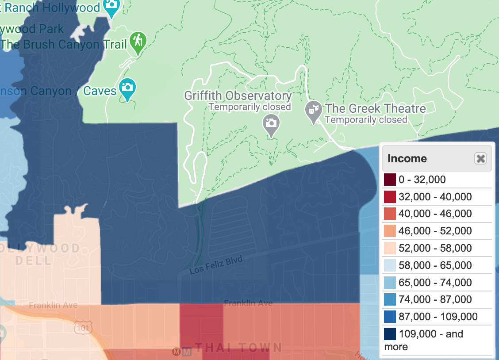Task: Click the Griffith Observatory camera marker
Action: pyautogui.click(x=270, y=123)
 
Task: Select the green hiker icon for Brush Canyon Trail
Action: pyautogui.click(x=138, y=41)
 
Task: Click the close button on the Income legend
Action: pyautogui.click(x=480, y=158)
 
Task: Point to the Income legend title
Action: pyautogui.click(x=407, y=158)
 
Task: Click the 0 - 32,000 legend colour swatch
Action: pyautogui.click(x=390, y=180)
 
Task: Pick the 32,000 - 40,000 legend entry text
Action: pyautogui.click(x=435, y=197)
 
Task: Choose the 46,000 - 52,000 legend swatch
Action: pyautogui.click(x=390, y=231)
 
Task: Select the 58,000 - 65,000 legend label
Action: pyautogui.click(x=435, y=265)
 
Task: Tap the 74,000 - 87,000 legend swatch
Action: pyautogui.click(x=390, y=300)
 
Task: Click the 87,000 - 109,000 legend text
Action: pyautogui.click(x=438, y=317)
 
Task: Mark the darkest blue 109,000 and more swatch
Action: pyautogui.click(x=390, y=334)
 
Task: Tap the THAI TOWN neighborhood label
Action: pyautogui.click(x=238, y=348)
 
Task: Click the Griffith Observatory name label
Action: pyautogui.click(x=238, y=96)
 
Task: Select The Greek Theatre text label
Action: pyautogui.click(x=375, y=108)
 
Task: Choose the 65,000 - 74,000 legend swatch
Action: pyautogui.click(x=390, y=283)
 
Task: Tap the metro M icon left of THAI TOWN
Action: pyautogui.click(x=177, y=352)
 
